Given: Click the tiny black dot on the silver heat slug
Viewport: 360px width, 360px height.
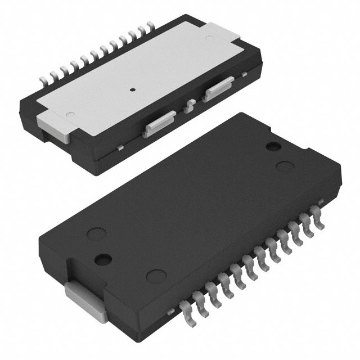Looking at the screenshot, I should pos(133,89).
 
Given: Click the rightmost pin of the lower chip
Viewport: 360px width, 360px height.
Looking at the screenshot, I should pos(320,221).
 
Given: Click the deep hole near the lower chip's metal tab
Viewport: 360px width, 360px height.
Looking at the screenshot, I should pos(102,259).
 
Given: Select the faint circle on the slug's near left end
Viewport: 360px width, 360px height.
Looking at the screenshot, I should pos(70,115).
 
